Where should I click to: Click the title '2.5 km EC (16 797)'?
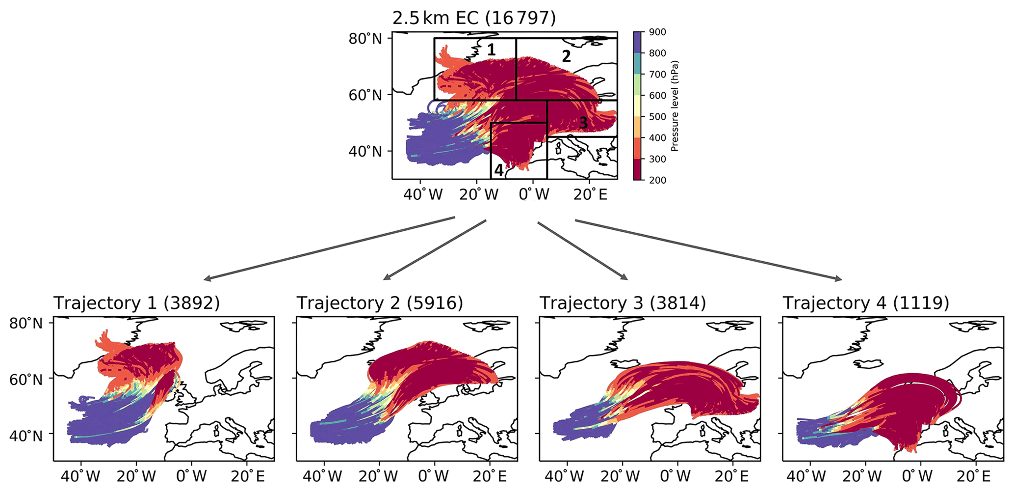pyautogui.click(x=474, y=18)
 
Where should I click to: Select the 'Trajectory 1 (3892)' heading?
pyautogui.click(x=136, y=303)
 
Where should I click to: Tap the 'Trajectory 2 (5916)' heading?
pyautogui.click(x=380, y=303)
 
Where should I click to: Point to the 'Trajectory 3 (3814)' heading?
pyautogui.click(x=623, y=303)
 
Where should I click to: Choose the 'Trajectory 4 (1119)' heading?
pyautogui.click(x=866, y=303)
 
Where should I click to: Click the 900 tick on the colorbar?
pyautogui.click(x=658, y=32)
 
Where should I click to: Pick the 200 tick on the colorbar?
pyautogui.click(x=658, y=180)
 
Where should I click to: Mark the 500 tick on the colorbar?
pyautogui.click(x=658, y=117)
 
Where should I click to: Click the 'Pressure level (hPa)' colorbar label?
pyautogui.click(x=675, y=106)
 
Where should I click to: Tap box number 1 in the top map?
pyautogui.click(x=492, y=50)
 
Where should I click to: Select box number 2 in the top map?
pyautogui.click(x=566, y=56)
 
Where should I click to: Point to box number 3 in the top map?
pyautogui.click(x=583, y=122)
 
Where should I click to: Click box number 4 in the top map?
pyautogui.click(x=498, y=170)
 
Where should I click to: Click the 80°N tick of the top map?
pyautogui.click(x=365, y=38)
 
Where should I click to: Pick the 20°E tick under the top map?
pyautogui.click(x=590, y=194)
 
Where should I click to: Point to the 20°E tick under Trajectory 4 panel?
pyautogui.click(x=976, y=476)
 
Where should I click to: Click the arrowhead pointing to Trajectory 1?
pyautogui.click(x=207, y=279)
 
